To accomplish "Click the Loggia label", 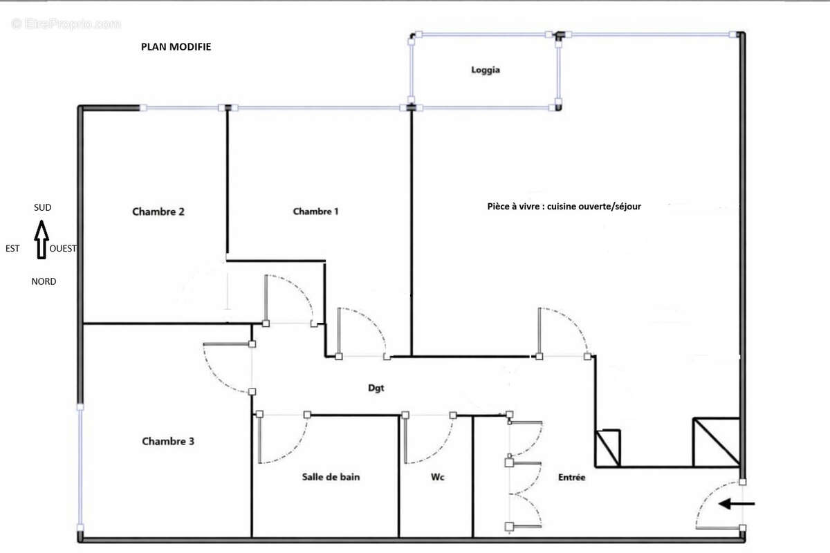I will pyautogui.click(x=486, y=70).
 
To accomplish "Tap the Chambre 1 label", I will pyautogui.click(x=315, y=212).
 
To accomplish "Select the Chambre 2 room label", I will pyautogui.click(x=158, y=212).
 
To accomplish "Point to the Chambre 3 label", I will pyautogui.click(x=168, y=441).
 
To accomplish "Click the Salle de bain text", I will pyautogui.click(x=331, y=477).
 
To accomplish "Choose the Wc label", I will pyautogui.click(x=436, y=477).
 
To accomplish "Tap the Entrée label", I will pyautogui.click(x=572, y=477).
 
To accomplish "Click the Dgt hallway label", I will pyautogui.click(x=376, y=388).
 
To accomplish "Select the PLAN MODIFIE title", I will pyautogui.click(x=176, y=47).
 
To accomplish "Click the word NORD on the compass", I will pyautogui.click(x=44, y=281).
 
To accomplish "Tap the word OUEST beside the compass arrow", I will pyautogui.click(x=63, y=249).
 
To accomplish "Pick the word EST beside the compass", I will pyautogui.click(x=13, y=249).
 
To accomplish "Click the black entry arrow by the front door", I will pyautogui.click(x=737, y=504).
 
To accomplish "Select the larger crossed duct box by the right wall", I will pyautogui.click(x=716, y=442).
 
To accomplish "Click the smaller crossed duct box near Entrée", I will pyautogui.click(x=608, y=447).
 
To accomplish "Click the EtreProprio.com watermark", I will pyautogui.click(x=66, y=24).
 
